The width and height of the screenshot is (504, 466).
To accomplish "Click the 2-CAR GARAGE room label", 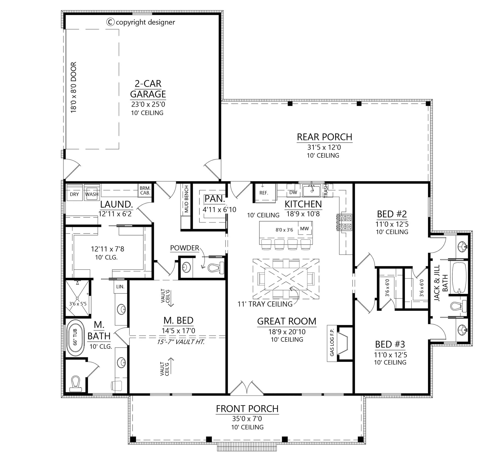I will (x=148, y=89).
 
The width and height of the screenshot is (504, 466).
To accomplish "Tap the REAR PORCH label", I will (x=324, y=137).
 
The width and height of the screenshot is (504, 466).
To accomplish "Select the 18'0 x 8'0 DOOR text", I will (x=73, y=87).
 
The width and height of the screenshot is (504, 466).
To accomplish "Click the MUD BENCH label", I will (x=186, y=199).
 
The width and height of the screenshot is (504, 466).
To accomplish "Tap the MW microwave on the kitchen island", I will (x=304, y=228).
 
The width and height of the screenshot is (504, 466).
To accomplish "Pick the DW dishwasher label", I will (x=293, y=192).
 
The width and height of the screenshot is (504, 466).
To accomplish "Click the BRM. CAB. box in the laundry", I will (x=145, y=190).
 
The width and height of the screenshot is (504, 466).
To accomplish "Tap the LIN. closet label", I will (x=120, y=286).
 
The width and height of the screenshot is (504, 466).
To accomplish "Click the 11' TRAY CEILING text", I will (x=265, y=304).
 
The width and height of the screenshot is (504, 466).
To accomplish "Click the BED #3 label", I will (x=390, y=344).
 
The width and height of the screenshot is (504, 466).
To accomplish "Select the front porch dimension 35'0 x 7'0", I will (x=247, y=419).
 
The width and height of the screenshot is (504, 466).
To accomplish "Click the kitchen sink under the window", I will (x=311, y=191).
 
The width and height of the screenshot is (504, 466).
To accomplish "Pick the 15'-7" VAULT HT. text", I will (x=181, y=342).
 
